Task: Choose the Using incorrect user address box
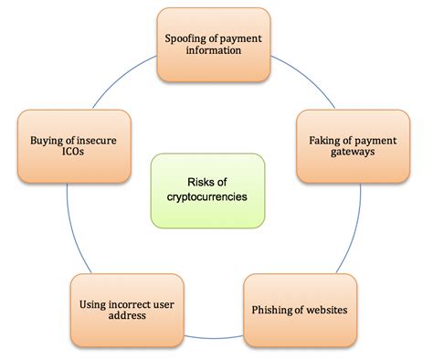click(117, 308)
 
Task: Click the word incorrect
click(121, 301)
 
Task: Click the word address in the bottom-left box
click(117, 315)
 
